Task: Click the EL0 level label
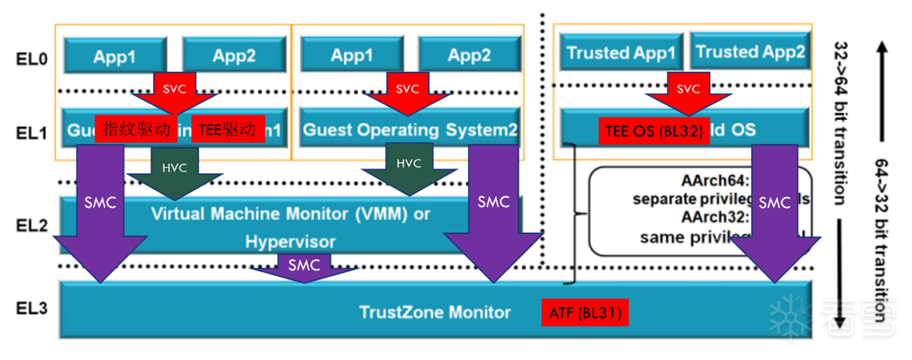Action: tap(31, 58)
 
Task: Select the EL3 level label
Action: tap(31, 308)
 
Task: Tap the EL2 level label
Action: tap(31, 226)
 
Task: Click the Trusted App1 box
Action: tap(620, 52)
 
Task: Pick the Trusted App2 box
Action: tap(750, 51)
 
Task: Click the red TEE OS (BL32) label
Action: tap(654, 131)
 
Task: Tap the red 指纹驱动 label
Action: tap(136, 129)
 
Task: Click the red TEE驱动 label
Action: tap(227, 129)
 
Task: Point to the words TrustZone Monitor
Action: tap(435, 312)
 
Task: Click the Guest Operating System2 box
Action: tap(411, 129)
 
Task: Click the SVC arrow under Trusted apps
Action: tap(689, 91)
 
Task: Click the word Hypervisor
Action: tap(290, 242)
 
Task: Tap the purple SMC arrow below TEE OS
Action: tap(774, 210)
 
